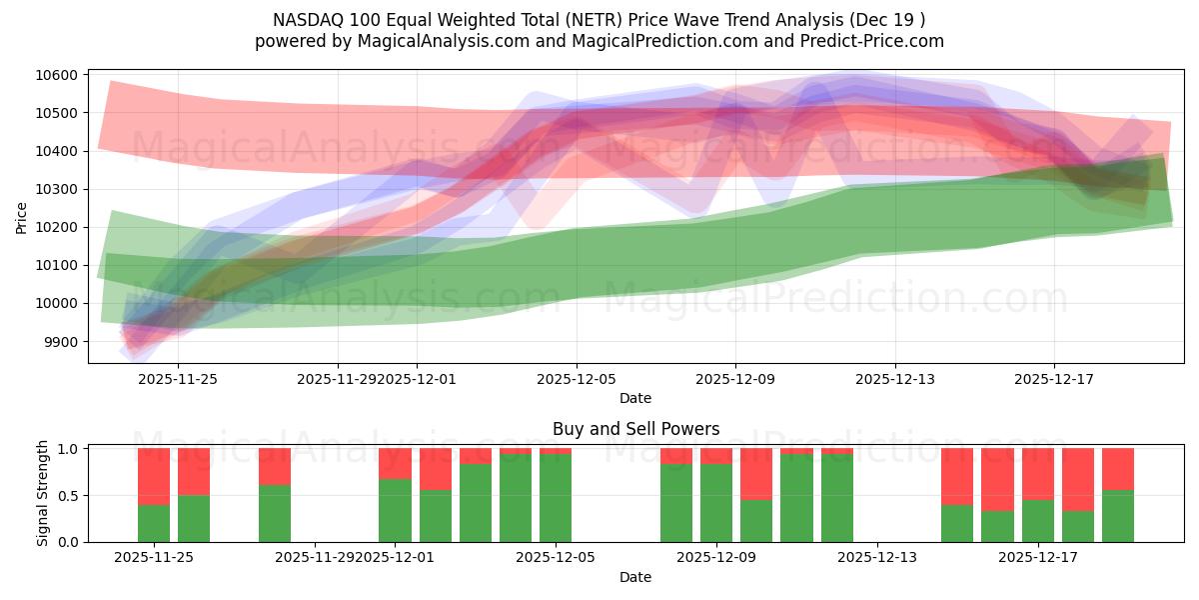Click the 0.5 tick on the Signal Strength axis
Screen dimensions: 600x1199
[70, 496]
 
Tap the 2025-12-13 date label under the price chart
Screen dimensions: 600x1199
[895, 379]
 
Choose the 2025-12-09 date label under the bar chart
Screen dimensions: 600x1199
[716, 558]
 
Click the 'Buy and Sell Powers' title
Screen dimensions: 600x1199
[635, 429]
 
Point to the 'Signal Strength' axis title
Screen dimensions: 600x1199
[42, 493]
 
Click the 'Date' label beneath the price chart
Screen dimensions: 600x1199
[635, 398]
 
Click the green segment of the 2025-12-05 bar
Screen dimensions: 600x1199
[556, 498]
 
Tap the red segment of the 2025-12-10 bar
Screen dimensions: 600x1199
[756, 473]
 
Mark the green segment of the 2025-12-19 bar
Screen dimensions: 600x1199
[1118, 516]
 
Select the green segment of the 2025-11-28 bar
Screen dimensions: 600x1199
[275, 513]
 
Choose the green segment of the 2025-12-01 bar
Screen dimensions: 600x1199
[395, 510]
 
